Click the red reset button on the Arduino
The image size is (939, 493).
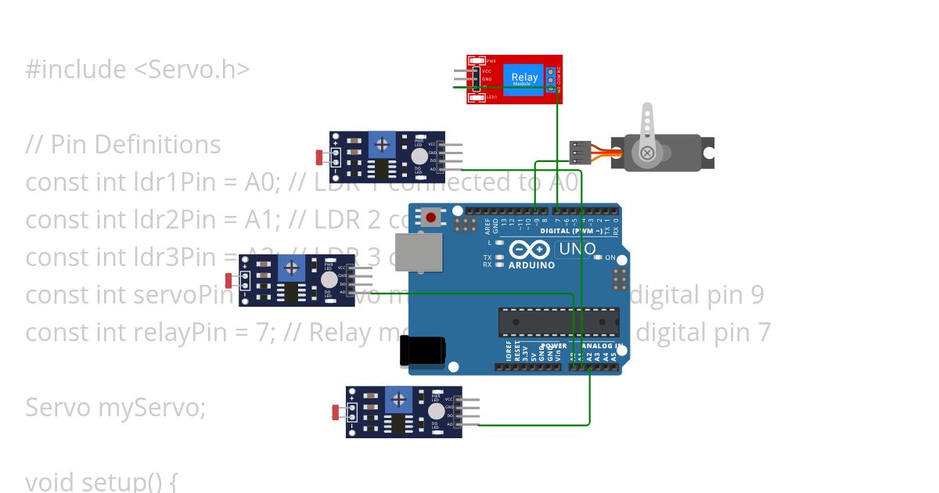[x=430, y=217]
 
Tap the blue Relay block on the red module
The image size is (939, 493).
[x=524, y=77]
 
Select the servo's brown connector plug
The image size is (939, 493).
[x=580, y=152]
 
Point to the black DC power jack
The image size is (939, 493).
[x=422, y=351]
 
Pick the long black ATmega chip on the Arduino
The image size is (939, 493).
[x=559, y=322]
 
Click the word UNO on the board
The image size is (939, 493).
[x=577, y=250]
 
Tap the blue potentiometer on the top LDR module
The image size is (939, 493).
[x=382, y=144]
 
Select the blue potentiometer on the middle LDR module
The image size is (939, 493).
[x=291, y=268]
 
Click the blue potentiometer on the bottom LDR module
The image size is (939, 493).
[x=399, y=400]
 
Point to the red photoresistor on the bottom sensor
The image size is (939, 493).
[x=337, y=411]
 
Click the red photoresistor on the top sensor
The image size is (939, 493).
[x=319, y=157]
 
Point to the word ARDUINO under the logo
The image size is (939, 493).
[x=531, y=265]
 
